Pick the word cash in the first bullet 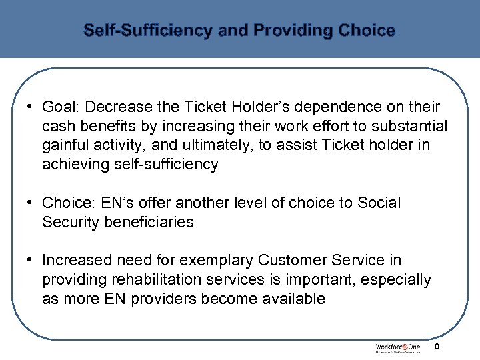pos(57,127)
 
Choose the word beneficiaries pos(149,222)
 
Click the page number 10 pos(435,347)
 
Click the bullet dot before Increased pos(31,260)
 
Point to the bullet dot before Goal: pos(31,107)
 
